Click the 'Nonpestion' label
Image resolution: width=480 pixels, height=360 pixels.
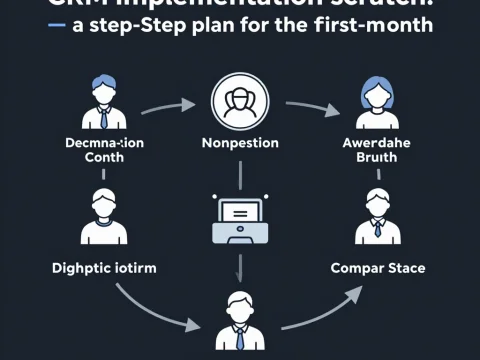pyautogui.click(x=240, y=143)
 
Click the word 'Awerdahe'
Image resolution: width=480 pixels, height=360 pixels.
pyautogui.click(x=379, y=142)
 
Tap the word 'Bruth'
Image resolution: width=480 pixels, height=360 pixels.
pyautogui.click(x=379, y=157)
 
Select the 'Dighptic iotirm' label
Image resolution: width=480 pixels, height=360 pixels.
pyautogui.click(x=96, y=268)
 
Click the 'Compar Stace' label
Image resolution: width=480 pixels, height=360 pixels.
pyautogui.click(x=378, y=268)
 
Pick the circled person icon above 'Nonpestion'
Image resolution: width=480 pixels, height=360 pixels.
pyautogui.click(x=240, y=103)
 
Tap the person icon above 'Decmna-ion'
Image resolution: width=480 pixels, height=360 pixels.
pyautogui.click(x=104, y=102)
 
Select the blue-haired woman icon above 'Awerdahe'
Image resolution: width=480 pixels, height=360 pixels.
pyautogui.click(x=377, y=102)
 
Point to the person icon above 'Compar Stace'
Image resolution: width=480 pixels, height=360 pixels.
pyautogui.click(x=377, y=216)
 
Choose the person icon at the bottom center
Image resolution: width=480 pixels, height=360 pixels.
pyautogui.click(x=240, y=322)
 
